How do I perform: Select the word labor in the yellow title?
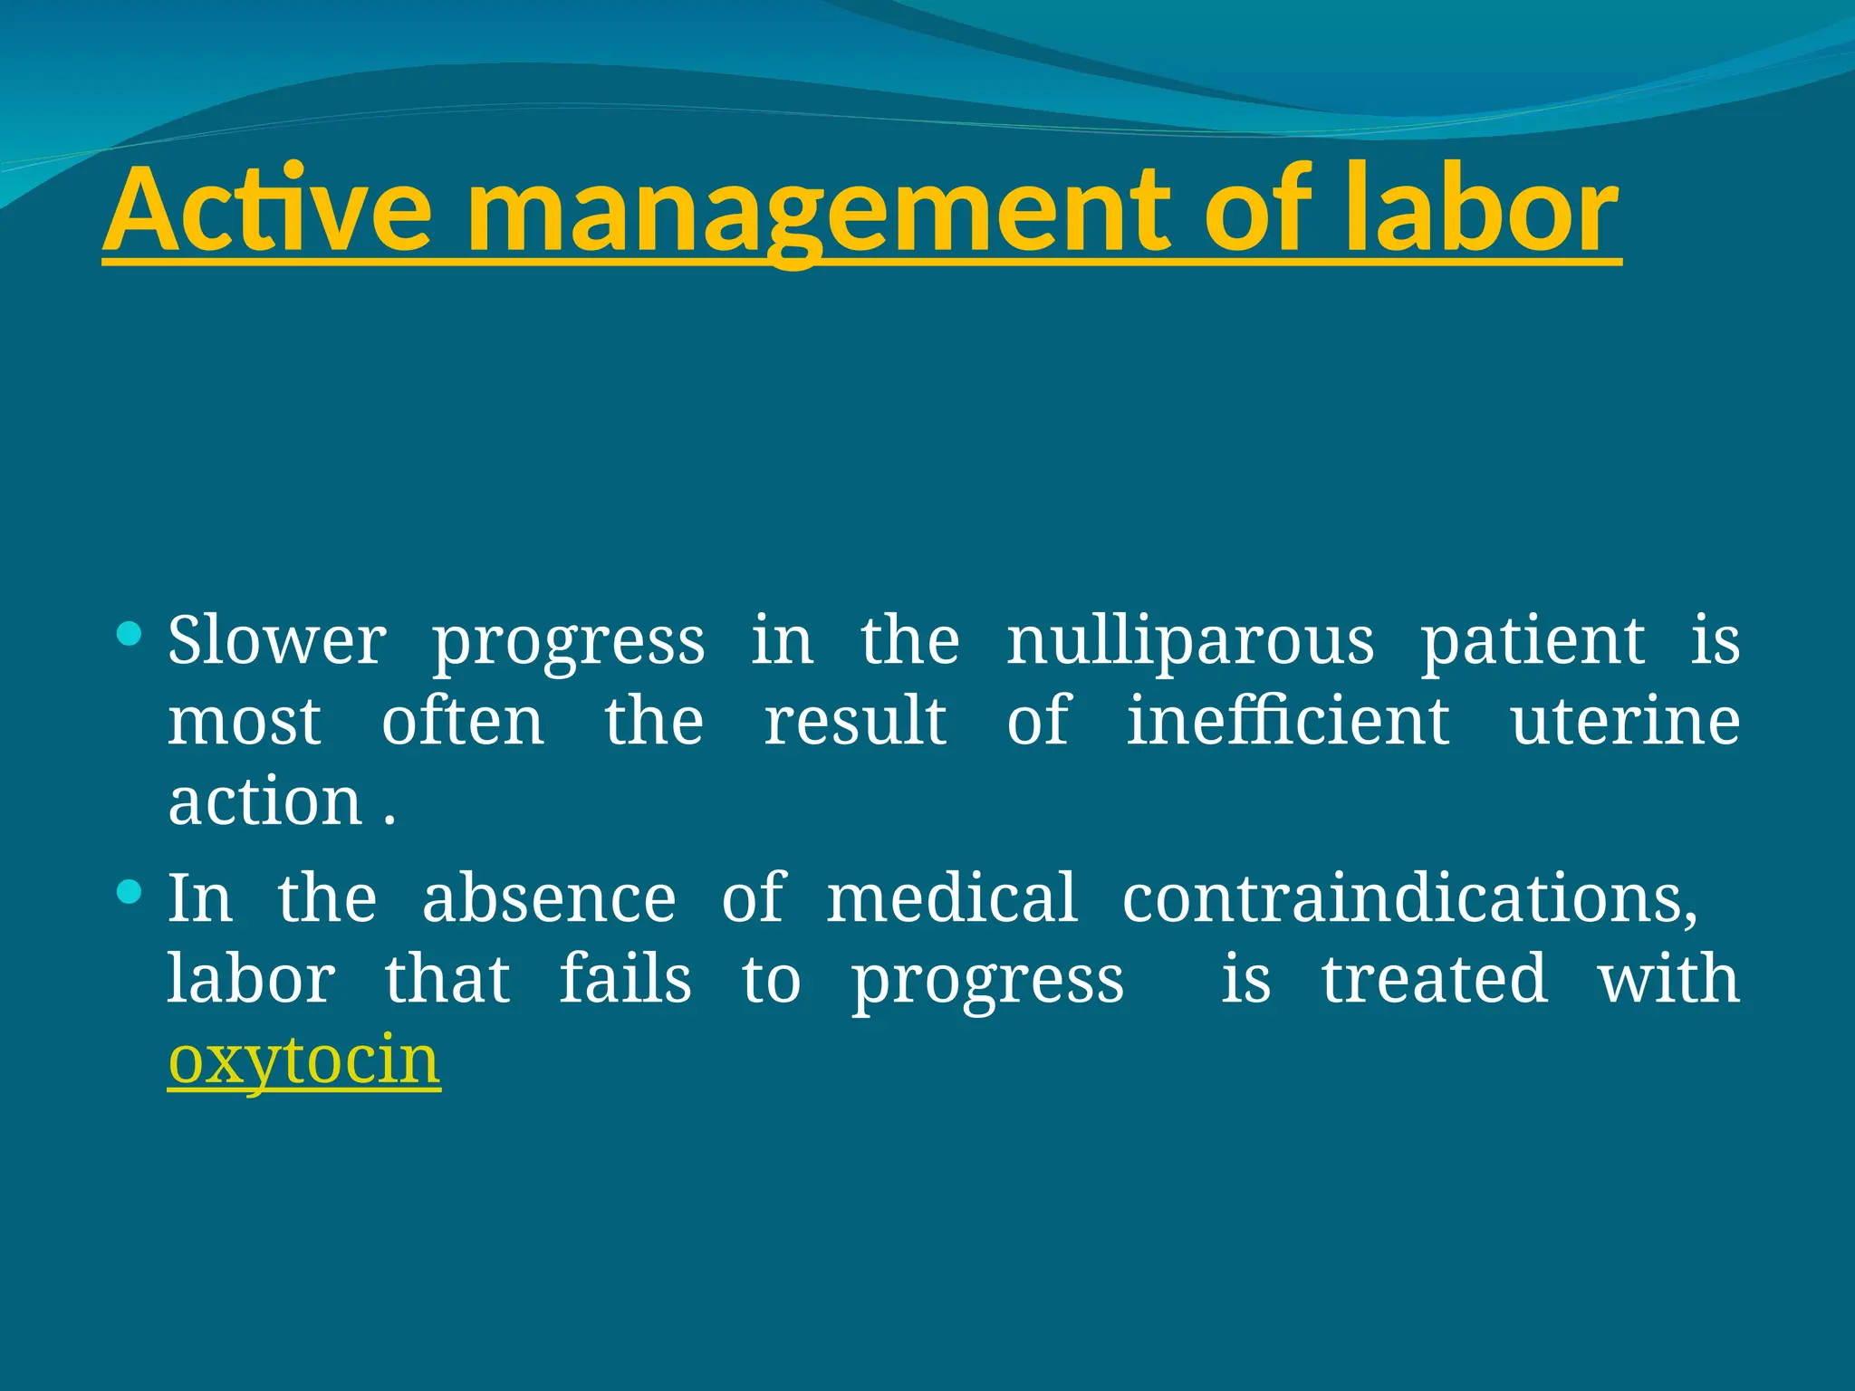pyautogui.click(x=1480, y=210)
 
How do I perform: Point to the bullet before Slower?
pyautogui.click(x=130, y=633)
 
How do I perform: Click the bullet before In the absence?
pyautogui.click(x=130, y=892)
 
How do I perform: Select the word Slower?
pyautogui.click(x=276, y=640)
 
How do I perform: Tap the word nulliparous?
pyautogui.click(x=1189, y=640)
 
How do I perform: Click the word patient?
pyautogui.click(x=1532, y=640)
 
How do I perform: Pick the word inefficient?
pyautogui.click(x=1287, y=722)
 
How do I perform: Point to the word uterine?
pyautogui.click(x=1624, y=722)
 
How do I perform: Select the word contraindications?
pyautogui.click(x=1409, y=898)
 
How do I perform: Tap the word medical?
pyautogui.click(x=952, y=898)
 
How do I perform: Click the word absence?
pyautogui.click(x=549, y=898)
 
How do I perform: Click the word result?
pyautogui.click(x=855, y=722)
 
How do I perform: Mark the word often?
pyautogui.click(x=463, y=722)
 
